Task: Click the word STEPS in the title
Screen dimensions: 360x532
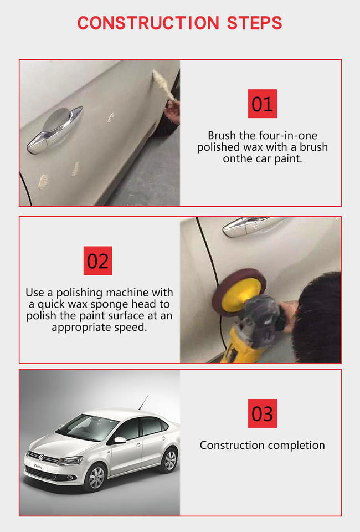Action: pyautogui.click(x=254, y=23)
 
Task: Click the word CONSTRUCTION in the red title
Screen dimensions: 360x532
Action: pyautogui.click(x=148, y=23)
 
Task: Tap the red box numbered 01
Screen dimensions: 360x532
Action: pyautogui.click(x=263, y=104)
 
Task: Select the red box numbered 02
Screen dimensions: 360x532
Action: pyautogui.click(x=98, y=260)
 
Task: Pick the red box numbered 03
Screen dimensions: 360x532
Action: pyautogui.click(x=263, y=413)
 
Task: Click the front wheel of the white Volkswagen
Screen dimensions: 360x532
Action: pyautogui.click(x=96, y=477)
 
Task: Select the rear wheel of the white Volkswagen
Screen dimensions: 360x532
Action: pyautogui.click(x=170, y=461)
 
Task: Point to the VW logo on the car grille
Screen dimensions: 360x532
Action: pyautogui.click(x=41, y=457)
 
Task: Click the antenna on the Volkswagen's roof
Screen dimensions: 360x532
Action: pyautogui.click(x=143, y=403)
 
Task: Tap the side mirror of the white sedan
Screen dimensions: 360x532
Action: pyautogui.click(x=119, y=440)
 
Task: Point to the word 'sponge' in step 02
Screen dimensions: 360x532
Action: pyautogui.click(x=109, y=304)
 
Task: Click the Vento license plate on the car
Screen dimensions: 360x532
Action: pyautogui.click(x=38, y=467)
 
